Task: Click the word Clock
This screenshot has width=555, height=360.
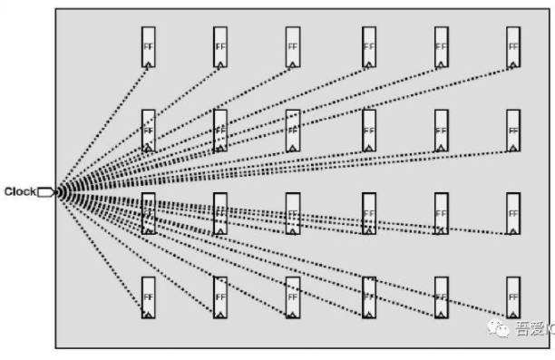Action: [19, 191]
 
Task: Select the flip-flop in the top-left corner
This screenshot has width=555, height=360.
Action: [148, 47]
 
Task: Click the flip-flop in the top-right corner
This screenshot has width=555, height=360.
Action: [513, 47]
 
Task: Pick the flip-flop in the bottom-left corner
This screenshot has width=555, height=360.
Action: [148, 297]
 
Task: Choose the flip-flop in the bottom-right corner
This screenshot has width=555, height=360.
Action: [513, 297]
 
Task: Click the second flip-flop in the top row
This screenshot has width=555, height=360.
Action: [220, 47]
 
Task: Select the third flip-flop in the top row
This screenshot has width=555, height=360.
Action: [293, 47]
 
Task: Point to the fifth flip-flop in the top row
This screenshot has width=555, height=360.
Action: [441, 47]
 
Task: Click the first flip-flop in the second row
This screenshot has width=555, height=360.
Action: [148, 130]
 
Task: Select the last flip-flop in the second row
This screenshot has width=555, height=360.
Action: [513, 130]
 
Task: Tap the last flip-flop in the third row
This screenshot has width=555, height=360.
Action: [513, 213]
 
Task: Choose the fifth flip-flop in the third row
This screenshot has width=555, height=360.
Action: [441, 213]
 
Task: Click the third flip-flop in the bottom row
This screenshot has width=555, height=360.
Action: [293, 297]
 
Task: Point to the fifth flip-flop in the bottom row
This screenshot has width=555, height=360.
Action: [441, 297]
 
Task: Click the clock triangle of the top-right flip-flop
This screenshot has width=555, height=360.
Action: [513, 63]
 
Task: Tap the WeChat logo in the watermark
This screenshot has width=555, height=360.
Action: [498, 330]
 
